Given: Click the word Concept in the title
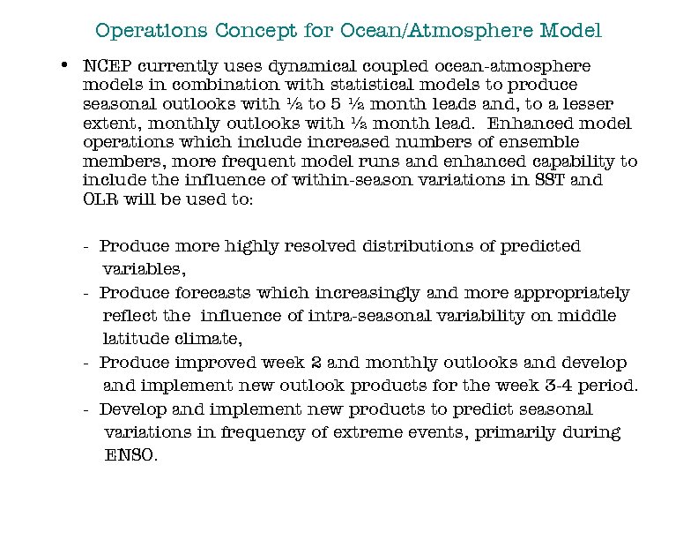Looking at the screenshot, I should (x=249, y=31).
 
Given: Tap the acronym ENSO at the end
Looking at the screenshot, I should (x=130, y=456).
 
